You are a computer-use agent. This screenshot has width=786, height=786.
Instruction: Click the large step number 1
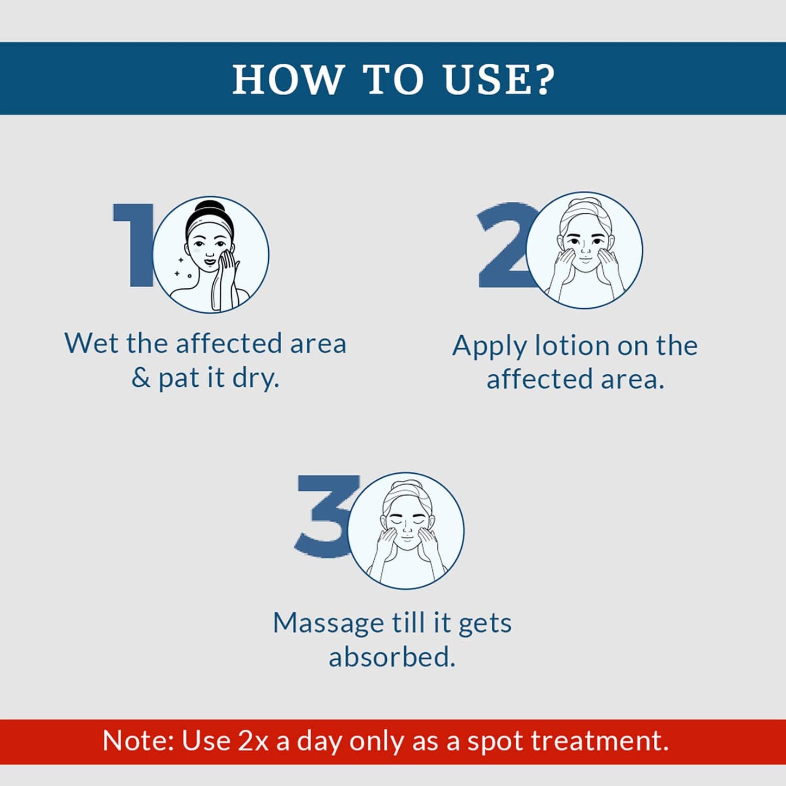pyautogui.click(x=133, y=245)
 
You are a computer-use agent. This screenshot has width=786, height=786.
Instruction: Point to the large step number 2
pyautogui.click(x=504, y=245)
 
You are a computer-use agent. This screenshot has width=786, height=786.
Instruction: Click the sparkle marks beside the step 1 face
pyautogui.click(x=182, y=268)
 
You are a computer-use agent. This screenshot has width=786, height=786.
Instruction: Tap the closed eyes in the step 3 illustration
pyautogui.click(x=406, y=522)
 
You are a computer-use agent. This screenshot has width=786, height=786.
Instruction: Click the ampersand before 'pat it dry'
pyautogui.click(x=141, y=378)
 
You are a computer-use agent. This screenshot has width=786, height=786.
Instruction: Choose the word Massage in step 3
pyautogui.click(x=329, y=624)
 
